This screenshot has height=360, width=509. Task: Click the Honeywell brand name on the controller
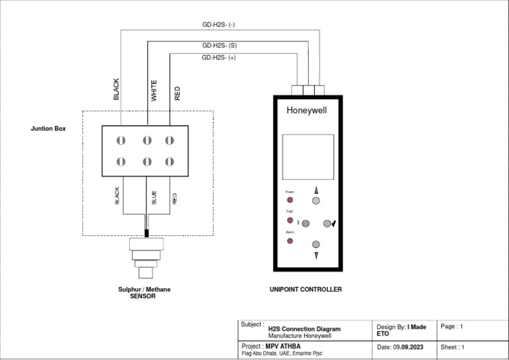[x=306, y=111]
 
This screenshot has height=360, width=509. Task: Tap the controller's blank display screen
[x=308, y=154]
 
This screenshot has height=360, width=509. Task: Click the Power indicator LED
[x=290, y=200]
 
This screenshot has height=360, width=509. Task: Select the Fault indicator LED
[x=290, y=220]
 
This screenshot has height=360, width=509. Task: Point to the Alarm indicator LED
[x=290, y=241]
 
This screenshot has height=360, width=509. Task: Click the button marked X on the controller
[x=306, y=224]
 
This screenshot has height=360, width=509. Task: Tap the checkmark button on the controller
[x=327, y=223]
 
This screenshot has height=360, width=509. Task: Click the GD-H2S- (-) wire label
[x=219, y=25]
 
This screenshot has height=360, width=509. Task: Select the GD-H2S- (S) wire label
[x=219, y=46]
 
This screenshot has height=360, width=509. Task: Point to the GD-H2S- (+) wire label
[x=219, y=58]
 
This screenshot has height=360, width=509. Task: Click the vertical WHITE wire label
[x=154, y=91]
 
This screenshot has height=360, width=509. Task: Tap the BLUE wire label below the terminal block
[x=154, y=197]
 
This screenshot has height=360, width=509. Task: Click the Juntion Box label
[x=48, y=129]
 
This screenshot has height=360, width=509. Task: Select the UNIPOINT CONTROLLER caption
[x=306, y=290]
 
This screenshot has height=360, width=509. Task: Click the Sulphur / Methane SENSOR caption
[x=144, y=293]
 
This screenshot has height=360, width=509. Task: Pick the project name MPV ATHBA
[x=282, y=346]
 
